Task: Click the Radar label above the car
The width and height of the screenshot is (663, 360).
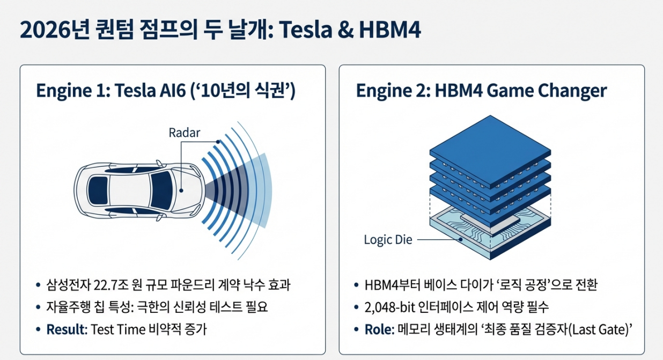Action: (184, 133)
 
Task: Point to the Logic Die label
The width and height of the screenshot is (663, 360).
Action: (388, 240)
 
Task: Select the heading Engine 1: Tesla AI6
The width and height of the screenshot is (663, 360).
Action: (166, 91)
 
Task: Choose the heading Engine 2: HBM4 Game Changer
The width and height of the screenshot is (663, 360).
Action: (481, 91)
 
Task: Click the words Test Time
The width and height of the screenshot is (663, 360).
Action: (117, 329)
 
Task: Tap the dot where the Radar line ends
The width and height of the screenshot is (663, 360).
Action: (182, 190)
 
